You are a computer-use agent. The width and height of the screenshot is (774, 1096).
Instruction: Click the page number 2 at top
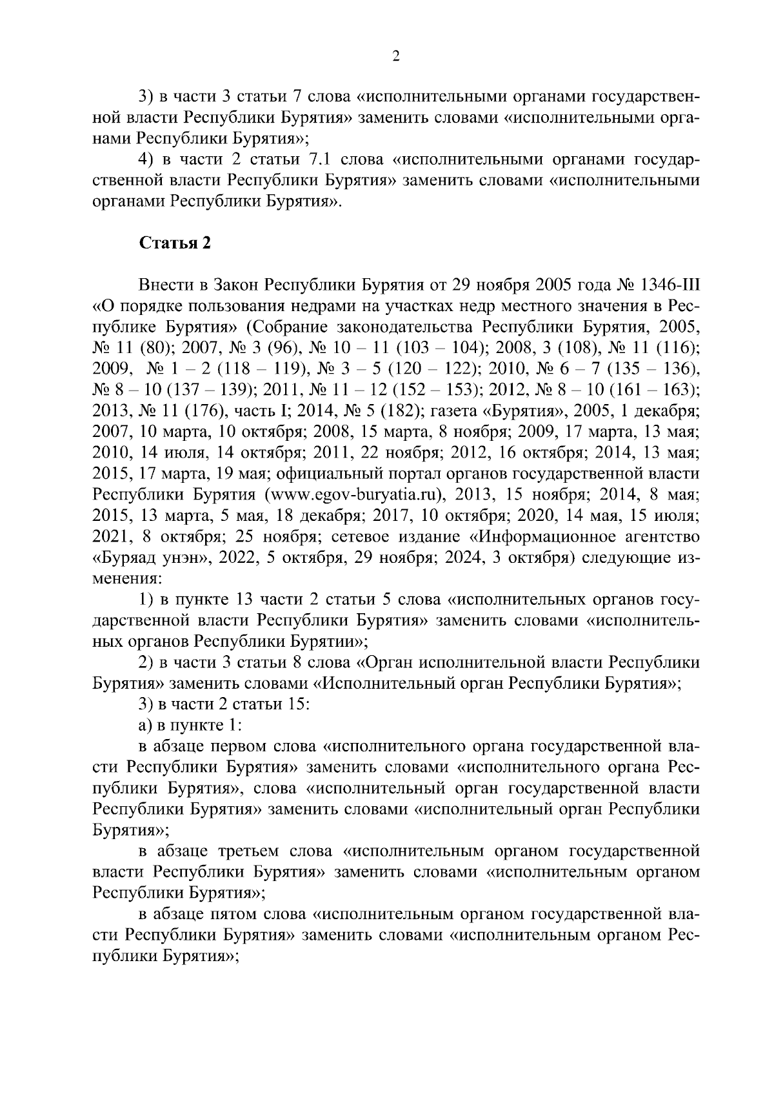pyautogui.click(x=396, y=57)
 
